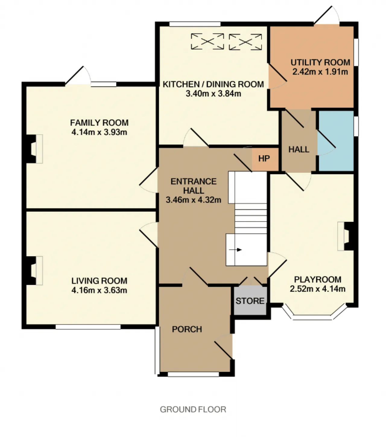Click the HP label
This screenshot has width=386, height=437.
(x=264, y=159)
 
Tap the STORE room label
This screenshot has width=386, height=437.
(x=250, y=301)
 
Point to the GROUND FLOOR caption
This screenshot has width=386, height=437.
(x=193, y=410)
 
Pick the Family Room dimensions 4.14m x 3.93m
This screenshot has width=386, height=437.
(x=99, y=132)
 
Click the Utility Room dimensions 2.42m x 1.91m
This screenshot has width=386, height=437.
(x=320, y=72)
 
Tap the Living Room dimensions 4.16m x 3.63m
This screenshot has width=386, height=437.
(x=99, y=290)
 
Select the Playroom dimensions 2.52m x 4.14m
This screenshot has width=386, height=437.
(x=318, y=289)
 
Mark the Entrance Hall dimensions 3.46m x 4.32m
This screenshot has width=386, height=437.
(x=193, y=200)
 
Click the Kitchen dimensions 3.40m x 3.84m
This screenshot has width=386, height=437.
(x=213, y=94)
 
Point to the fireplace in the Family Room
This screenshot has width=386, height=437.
(x=34, y=149)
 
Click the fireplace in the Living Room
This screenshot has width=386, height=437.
(x=34, y=271)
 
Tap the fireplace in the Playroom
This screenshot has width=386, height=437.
(x=346, y=236)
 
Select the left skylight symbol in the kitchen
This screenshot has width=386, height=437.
(x=207, y=41)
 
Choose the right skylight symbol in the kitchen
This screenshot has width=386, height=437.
(x=245, y=42)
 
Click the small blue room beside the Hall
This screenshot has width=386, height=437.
(x=336, y=141)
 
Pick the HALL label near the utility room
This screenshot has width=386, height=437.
(x=299, y=149)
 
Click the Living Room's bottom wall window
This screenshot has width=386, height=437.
(x=88, y=327)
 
